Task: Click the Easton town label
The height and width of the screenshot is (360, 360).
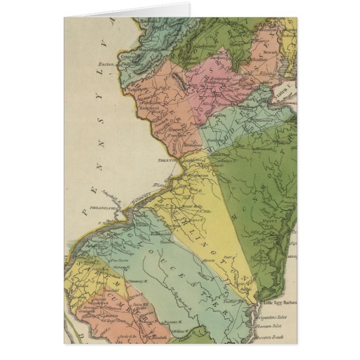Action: (x=106, y=64)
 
